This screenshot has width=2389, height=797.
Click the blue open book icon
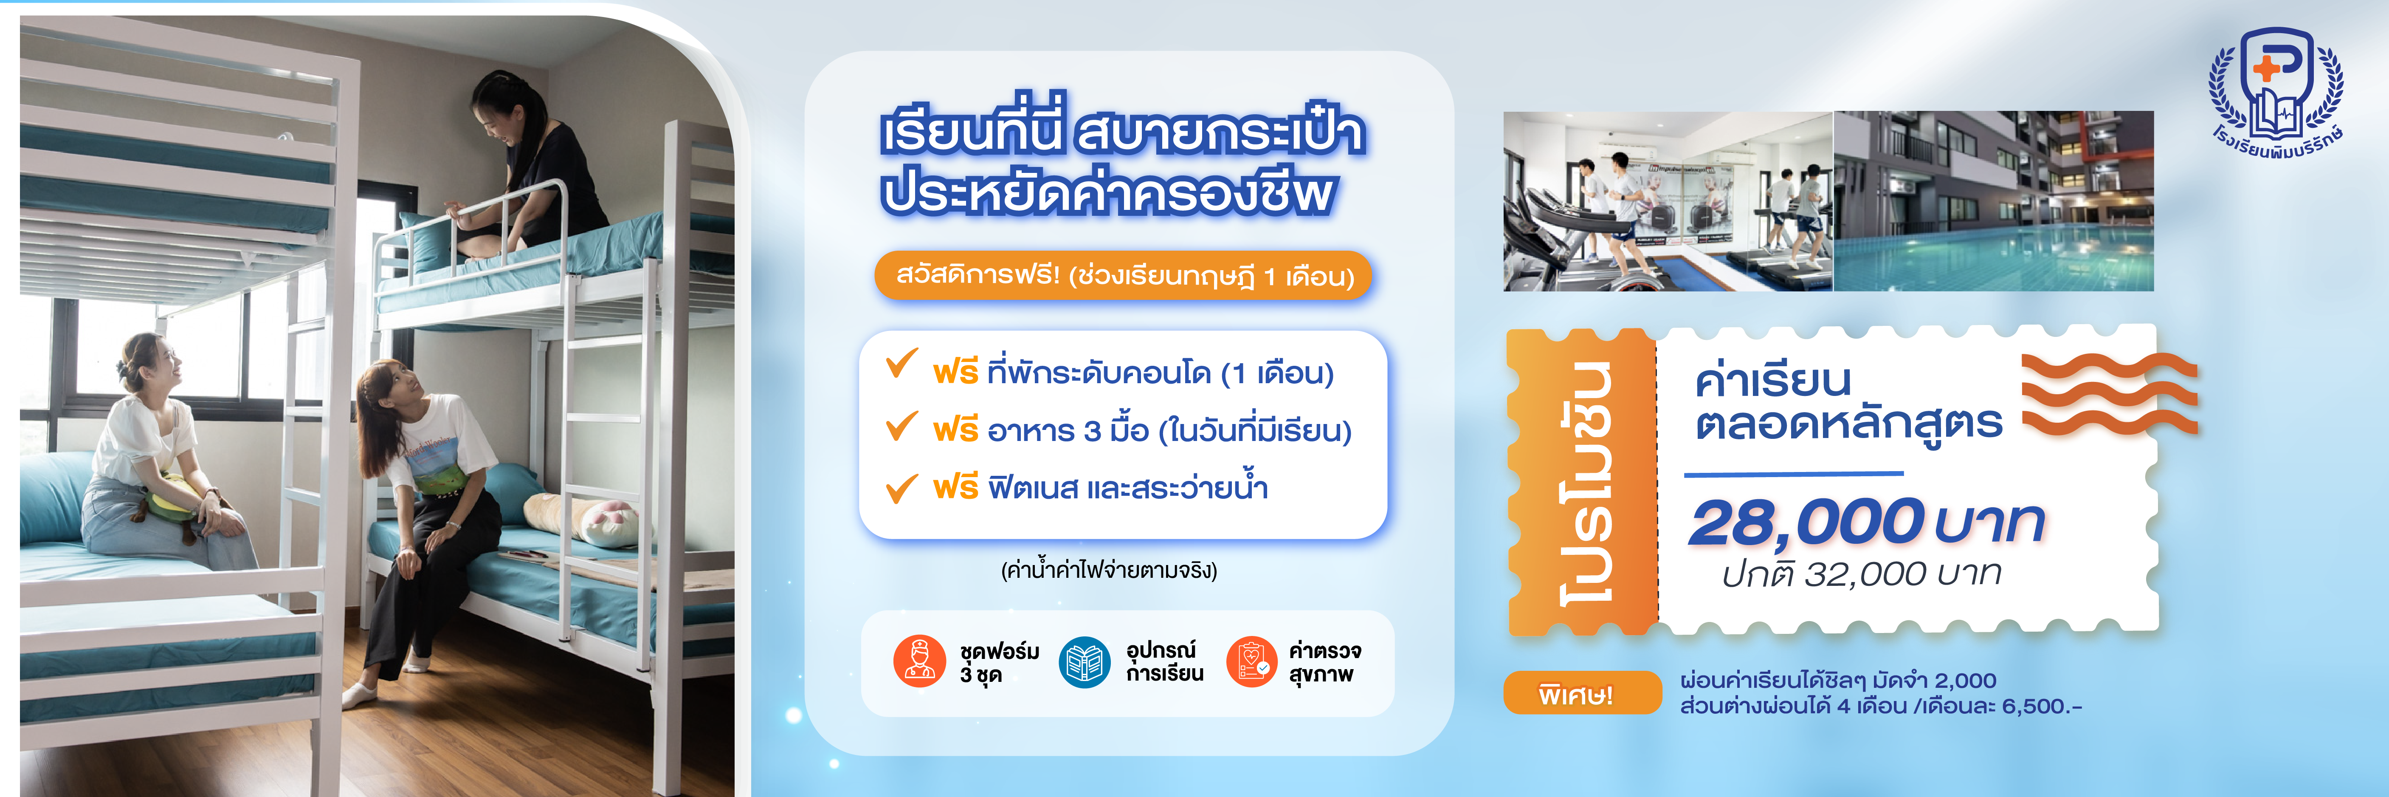click(1084, 661)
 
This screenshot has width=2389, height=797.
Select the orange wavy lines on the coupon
click(2110, 394)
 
